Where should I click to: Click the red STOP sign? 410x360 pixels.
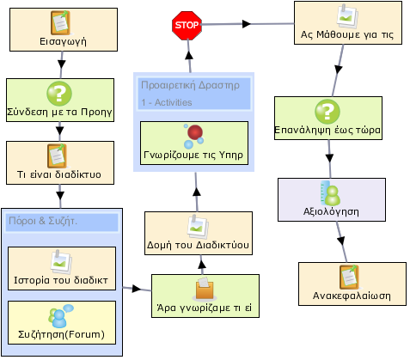point(187,25)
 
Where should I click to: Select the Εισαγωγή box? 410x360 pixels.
point(64,30)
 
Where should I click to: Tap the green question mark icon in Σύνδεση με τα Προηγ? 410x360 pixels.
point(59,94)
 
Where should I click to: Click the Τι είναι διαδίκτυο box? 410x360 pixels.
point(60,162)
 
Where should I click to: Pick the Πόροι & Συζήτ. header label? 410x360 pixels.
point(43,221)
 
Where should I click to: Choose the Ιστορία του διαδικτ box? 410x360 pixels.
point(62,268)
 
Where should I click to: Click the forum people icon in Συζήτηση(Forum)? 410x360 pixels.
point(61,316)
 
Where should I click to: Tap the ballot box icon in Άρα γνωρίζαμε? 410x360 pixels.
point(205,289)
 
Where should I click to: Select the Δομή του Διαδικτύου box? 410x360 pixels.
point(199,233)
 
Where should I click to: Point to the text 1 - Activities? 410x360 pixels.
point(167,102)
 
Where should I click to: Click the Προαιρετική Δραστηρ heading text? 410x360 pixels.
point(190,85)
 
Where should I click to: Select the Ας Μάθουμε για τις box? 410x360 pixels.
point(348,23)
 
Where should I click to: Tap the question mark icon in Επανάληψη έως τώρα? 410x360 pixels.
point(327,112)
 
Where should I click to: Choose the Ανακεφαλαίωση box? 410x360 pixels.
point(352,284)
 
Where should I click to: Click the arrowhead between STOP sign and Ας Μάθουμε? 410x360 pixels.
point(247,24)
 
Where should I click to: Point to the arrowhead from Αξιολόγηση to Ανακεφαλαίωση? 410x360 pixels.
point(341,241)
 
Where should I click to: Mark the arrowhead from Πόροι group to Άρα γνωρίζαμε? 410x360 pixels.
point(137,289)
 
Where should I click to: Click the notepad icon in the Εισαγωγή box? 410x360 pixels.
point(60,22)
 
